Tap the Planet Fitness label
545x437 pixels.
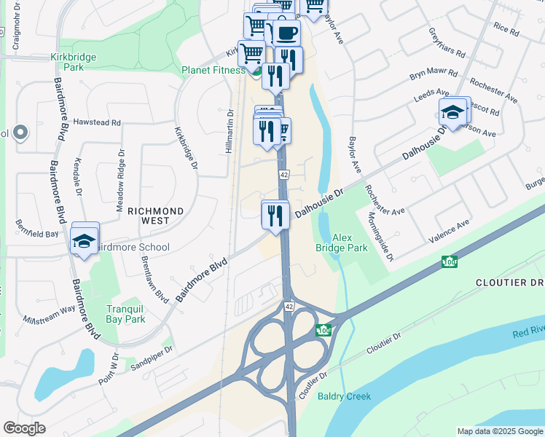tap(213, 71)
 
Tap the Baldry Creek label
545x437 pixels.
tap(344, 396)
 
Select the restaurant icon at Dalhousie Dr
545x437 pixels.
tap(275, 215)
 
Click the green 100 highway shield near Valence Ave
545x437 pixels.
tap(448, 261)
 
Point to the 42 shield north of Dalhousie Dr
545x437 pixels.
tap(284, 175)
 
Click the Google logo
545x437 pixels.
tap(24, 428)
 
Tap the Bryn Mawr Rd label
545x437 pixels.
tap(433, 74)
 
